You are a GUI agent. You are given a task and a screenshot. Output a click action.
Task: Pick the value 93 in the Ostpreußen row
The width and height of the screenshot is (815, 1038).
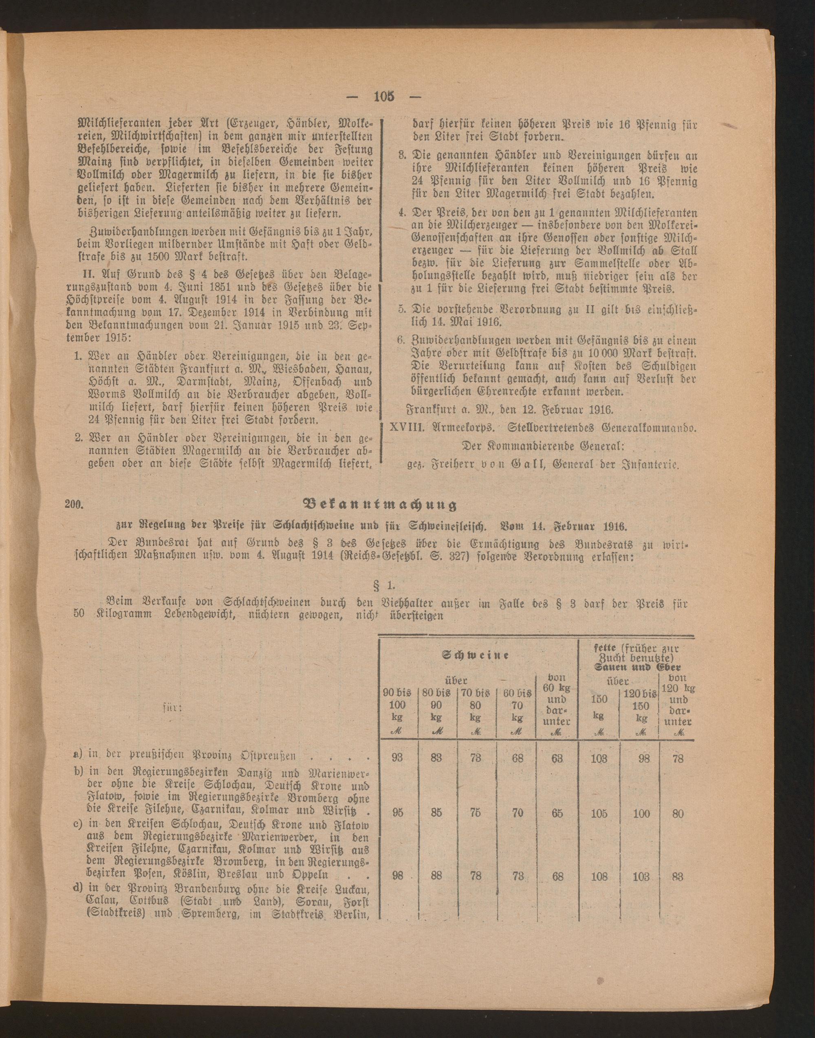coord(397,759)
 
